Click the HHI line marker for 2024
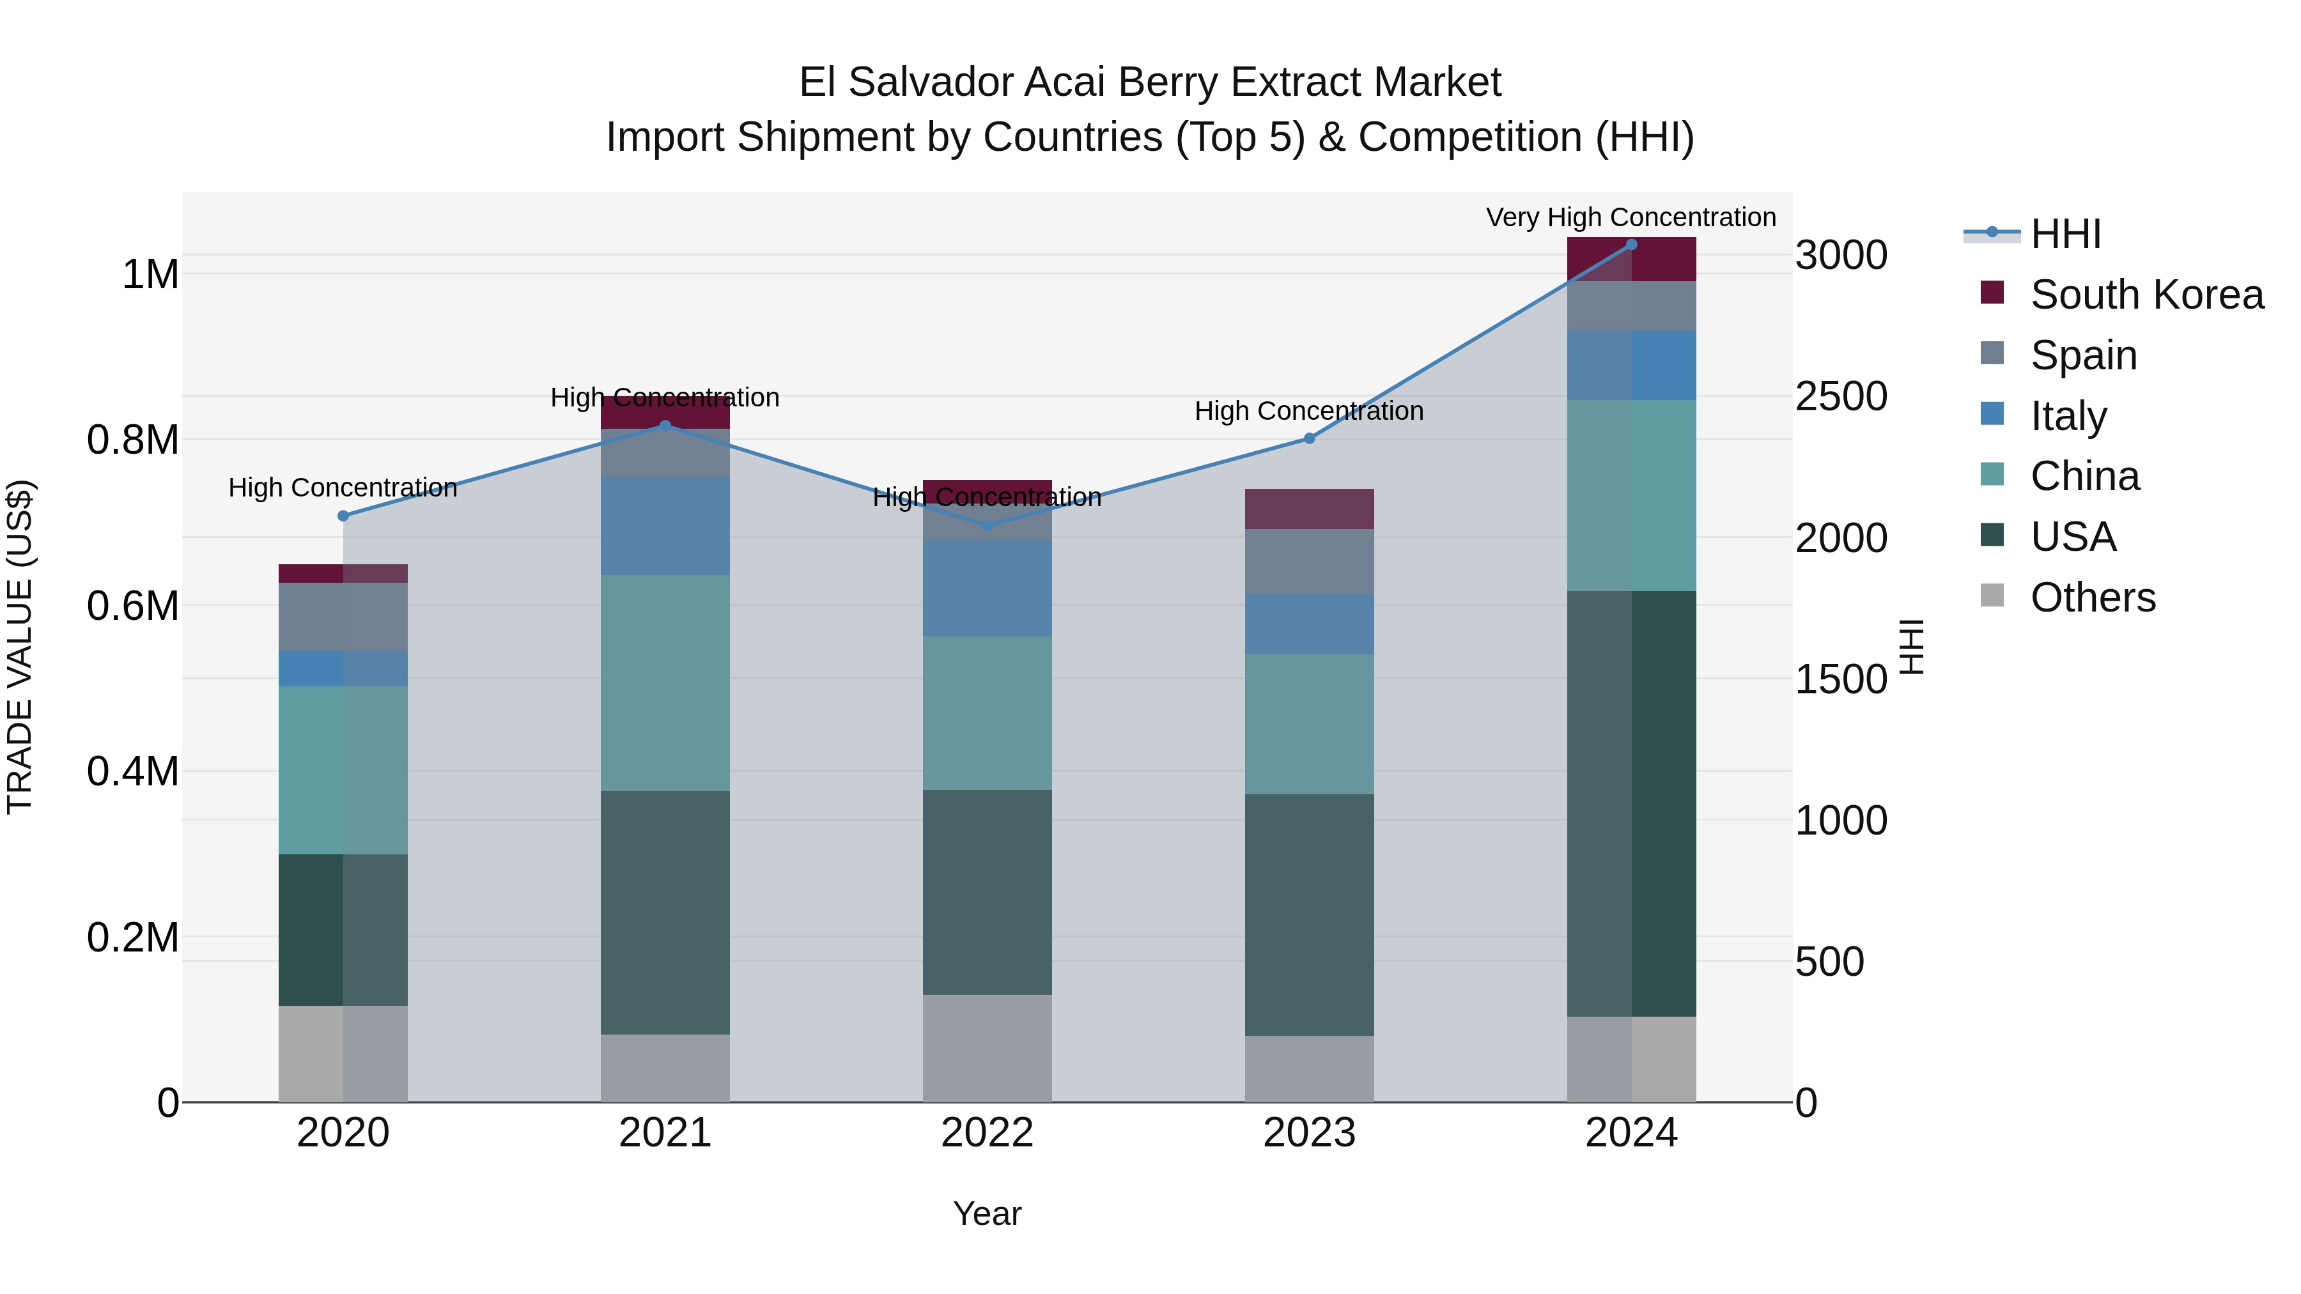pyautogui.click(x=1631, y=245)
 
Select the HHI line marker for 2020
pyautogui.click(x=343, y=515)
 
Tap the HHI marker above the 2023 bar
pyautogui.click(x=1310, y=438)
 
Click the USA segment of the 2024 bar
pyautogui.click(x=1631, y=804)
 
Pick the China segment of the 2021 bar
pyautogui.click(x=665, y=683)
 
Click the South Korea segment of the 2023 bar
pyautogui.click(x=1310, y=509)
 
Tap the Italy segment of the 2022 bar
pyautogui.click(x=987, y=588)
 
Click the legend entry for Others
pyautogui.click(x=2092, y=597)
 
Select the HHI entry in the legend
pyautogui.click(x=2065, y=234)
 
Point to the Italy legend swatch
pyautogui.click(x=1992, y=414)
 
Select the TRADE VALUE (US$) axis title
pyautogui.click(x=20, y=647)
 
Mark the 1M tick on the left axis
pyautogui.click(x=150, y=274)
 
